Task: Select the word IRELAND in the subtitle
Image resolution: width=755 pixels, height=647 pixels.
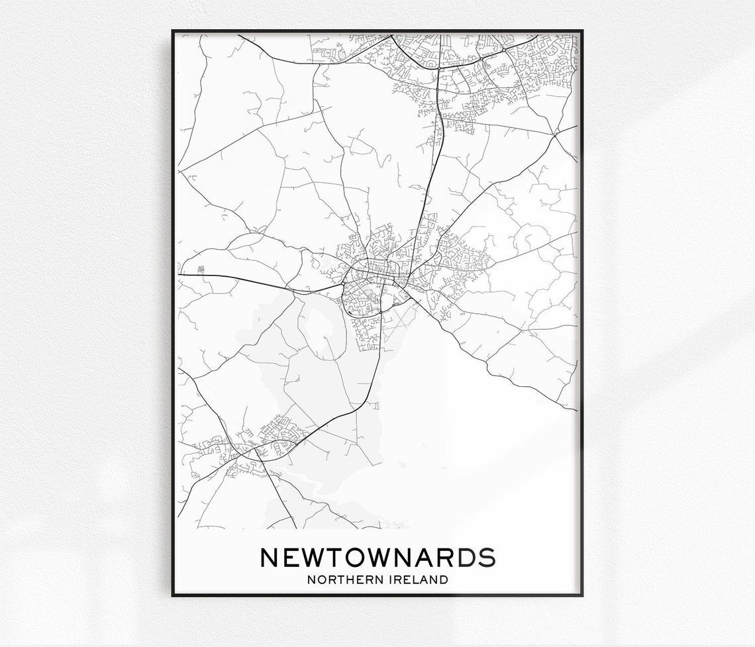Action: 415,579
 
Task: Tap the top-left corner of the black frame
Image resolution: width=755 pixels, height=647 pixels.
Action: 173,30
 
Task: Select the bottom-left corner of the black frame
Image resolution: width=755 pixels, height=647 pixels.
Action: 173,595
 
